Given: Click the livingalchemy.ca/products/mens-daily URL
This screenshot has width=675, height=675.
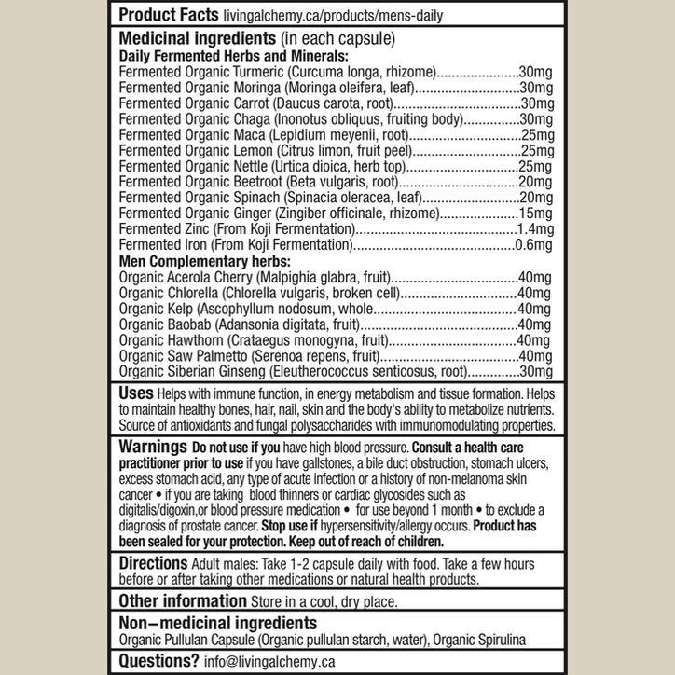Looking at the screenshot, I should tap(333, 16).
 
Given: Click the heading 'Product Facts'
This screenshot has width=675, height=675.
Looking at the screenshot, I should tap(168, 16).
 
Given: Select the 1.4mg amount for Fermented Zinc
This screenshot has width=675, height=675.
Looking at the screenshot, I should tap(535, 228).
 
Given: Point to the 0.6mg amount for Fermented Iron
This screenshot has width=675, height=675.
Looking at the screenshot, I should tap(535, 244).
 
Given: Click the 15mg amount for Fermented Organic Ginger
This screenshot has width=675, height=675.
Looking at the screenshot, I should tap(536, 213).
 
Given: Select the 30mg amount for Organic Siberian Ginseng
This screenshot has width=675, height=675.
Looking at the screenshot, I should tap(536, 371).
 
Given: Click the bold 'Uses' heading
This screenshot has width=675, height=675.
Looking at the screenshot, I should tap(137, 393).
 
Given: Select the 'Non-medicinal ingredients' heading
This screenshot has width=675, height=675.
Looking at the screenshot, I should tap(217, 623).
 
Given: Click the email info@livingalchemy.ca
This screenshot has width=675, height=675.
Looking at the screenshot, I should tap(269, 661).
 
